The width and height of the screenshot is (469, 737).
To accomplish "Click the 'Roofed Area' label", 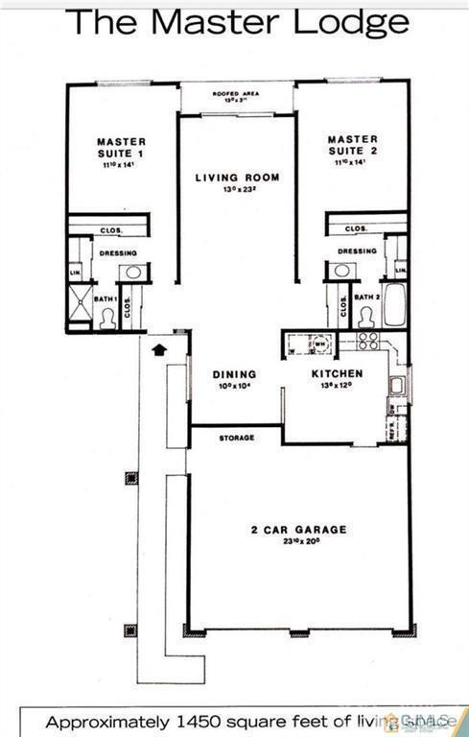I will point(237,93).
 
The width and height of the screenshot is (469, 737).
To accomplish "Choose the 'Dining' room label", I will point(234,374).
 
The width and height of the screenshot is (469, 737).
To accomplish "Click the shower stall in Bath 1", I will point(78,304).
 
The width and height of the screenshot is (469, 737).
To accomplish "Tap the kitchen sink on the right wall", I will point(396,385).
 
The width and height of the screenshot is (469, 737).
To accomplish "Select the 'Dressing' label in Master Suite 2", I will point(357,251).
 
